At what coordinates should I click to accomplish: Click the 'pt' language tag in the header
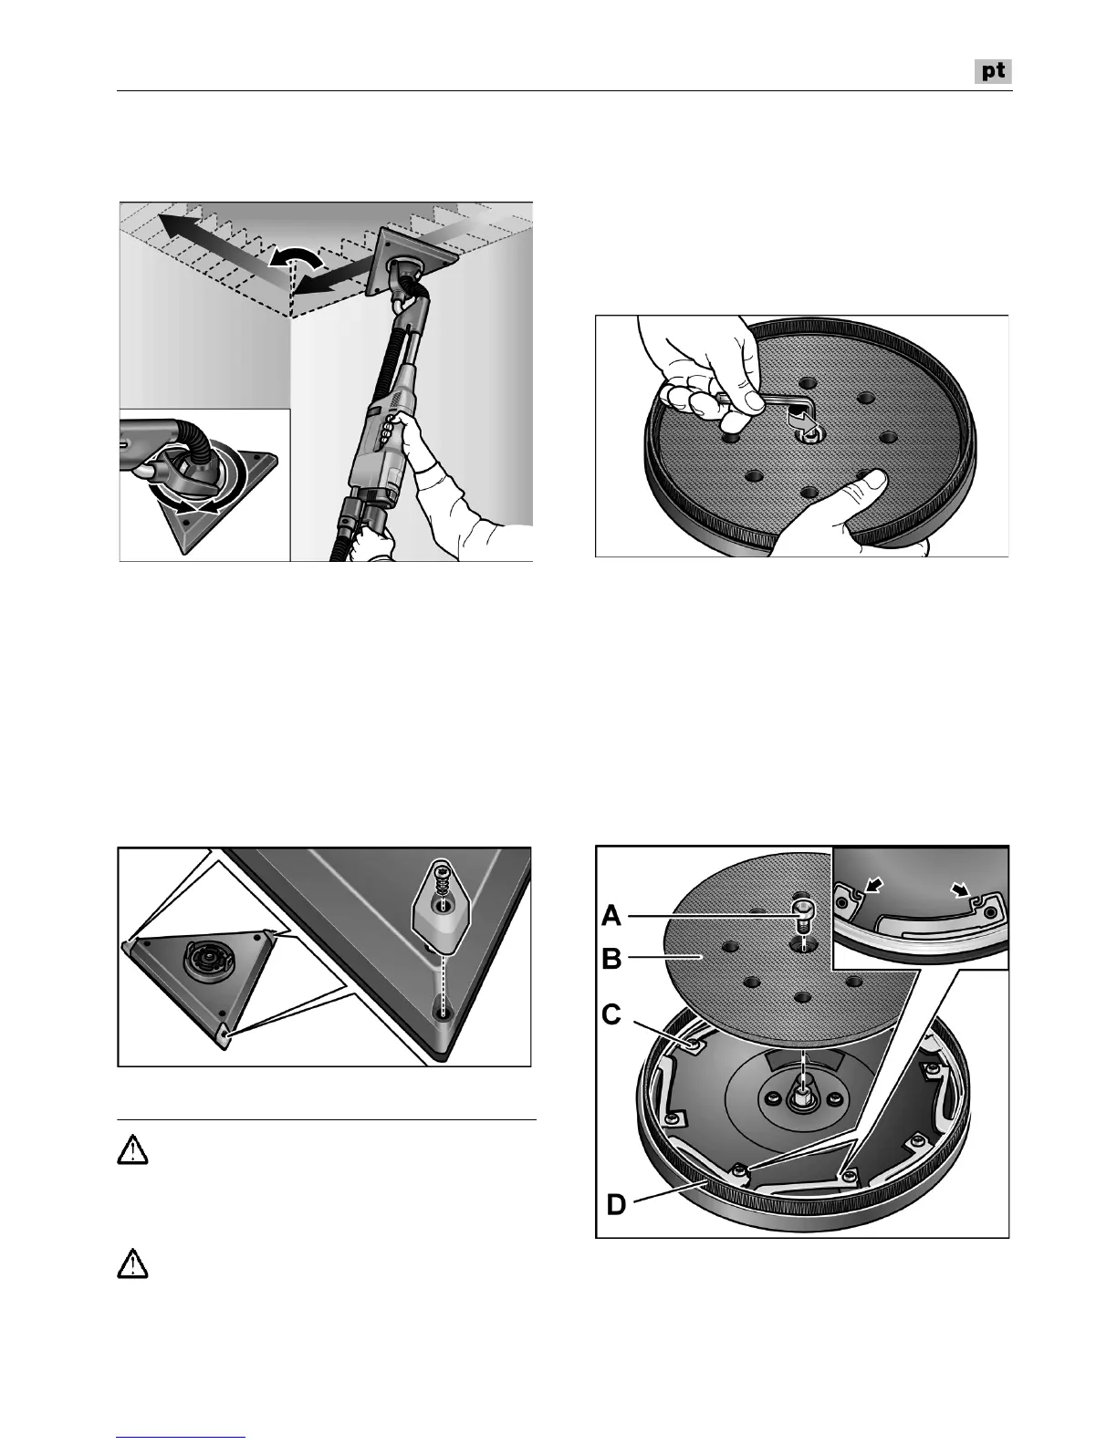pyautogui.click(x=993, y=71)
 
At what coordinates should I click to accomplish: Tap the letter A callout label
pyautogui.click(x=612, y=915)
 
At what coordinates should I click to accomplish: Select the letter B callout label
pyautogui.click(x=612, y=961)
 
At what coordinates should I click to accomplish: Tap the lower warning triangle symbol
pyautogui.click(x=133, y=1264)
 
